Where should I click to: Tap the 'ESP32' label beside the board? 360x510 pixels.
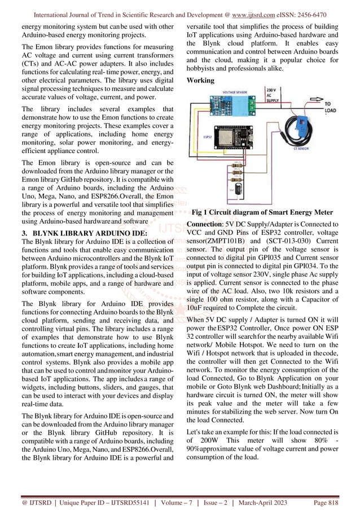pyautogui.click(x=207, y=136)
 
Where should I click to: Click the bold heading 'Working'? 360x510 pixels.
pyautogui.click(x=200, y=80)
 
